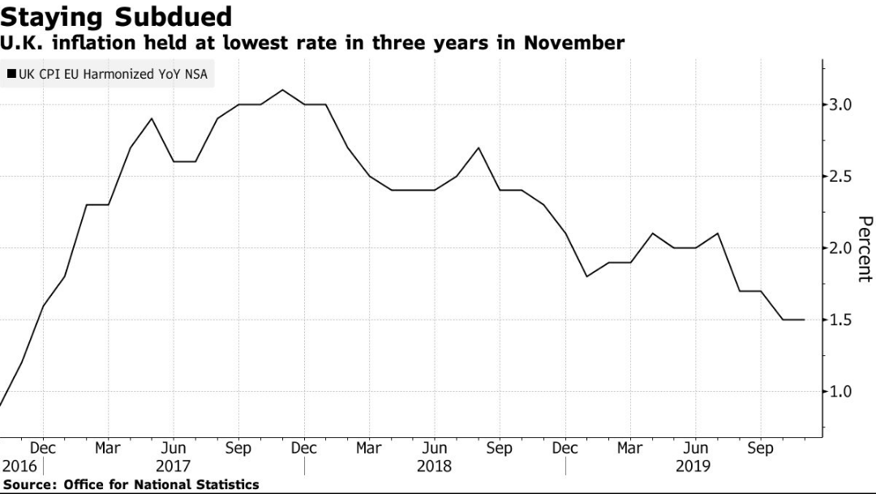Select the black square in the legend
11,75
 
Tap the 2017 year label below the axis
173,466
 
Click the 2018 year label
434,466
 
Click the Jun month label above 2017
173,448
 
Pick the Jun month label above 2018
434,448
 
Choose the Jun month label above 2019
695,448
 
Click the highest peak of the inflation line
281,90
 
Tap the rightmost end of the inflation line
804,320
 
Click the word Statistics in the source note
226,484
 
